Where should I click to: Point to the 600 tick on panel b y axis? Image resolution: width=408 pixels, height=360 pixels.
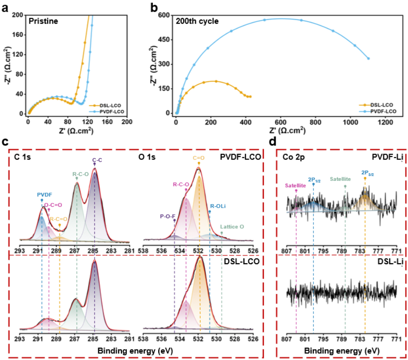tap(166, 15)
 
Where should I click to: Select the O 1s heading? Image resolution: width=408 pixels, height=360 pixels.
tap(148, 158)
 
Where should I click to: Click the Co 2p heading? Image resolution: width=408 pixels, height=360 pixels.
tap(295, 158)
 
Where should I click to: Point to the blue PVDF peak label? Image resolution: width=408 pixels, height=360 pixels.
tap(41, 195)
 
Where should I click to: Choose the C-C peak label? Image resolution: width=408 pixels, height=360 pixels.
tap(95, 160)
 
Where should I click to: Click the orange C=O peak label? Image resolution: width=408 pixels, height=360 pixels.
tap(198, 160)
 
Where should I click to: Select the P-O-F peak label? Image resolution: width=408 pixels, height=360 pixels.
tap(168, 217)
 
